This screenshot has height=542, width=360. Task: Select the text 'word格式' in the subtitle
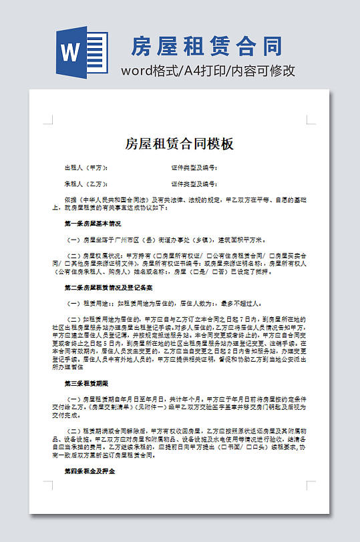pyautogui.click(x=145, y=71)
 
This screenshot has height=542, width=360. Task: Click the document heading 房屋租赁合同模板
pyautogui.click(x=179, y=144)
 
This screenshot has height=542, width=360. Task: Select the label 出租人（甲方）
pyautogui.click(x=86, y=168)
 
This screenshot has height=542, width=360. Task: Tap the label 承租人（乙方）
pyautogui.click(x=86, y=184)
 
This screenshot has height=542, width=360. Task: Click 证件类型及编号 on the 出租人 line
pyautogui.click(x=194, y=168)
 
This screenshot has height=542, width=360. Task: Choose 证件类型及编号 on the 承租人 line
pyautogui.click(x=194, y=184)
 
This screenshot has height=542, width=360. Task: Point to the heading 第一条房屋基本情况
pyautogui.click(x=93, y=223)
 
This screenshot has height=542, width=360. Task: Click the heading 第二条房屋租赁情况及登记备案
pyautogui.click(x=109, y=287)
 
